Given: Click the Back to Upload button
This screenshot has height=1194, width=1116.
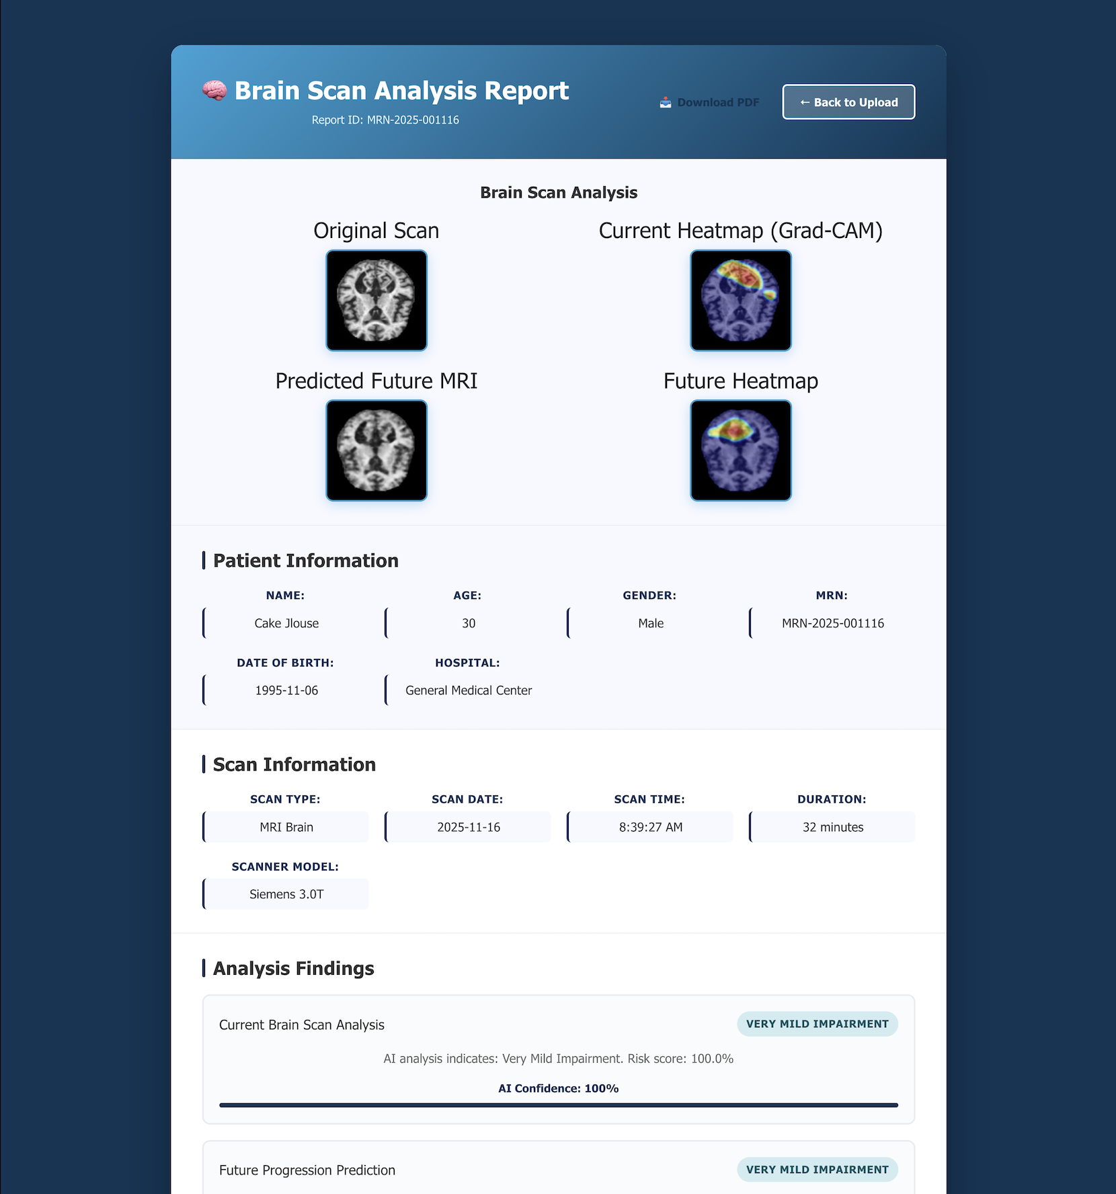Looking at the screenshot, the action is pyautogui.click(x=848, y=102).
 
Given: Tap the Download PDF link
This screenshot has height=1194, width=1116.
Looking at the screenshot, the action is pyautogui.click(x=710, y=102).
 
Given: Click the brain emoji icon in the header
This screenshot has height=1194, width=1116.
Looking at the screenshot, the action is pyautogui.click(x=214, y=91).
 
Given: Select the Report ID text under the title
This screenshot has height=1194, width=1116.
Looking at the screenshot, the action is pyautogui.click(x=385, y=120).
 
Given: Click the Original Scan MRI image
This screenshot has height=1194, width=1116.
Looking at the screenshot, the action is pyautogui.click(x=376, y=301).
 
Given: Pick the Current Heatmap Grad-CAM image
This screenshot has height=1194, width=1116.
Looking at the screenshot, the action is pyautogui.click(x=741, y=301).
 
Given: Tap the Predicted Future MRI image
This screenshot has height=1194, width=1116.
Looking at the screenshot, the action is pyautogui.click(x=376, y=450).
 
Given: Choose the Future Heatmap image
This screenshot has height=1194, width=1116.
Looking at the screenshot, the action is pyautogui.click(x=741, y=450).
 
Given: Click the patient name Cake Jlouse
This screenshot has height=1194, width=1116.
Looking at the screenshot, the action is pyautogui.click(x=286, y=623).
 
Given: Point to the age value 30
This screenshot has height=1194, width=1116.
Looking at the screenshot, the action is pyautogui.click(x=469, y=623).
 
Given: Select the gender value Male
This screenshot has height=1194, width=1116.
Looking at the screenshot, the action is pyautogui.click(x=651, y=623).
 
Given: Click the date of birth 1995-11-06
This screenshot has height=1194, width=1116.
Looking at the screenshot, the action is pyautogui.click(x=286, y=690).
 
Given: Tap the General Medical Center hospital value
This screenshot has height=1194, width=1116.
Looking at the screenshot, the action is pyautogui.click(x=469, y=690).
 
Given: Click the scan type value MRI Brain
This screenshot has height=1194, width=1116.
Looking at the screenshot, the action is pyautogui.click(x=286, y=827).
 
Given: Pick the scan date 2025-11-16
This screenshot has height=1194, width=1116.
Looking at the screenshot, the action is pyautogui.click(x=469, y=827).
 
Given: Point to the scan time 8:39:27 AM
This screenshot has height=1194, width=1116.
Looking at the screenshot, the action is pyautogui.click(x=651, y=827).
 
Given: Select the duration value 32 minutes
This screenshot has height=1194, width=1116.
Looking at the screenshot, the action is pyautogui.click(x=833, y=827).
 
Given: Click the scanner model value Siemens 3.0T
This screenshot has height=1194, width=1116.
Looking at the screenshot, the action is pyautogui.click(x=286, y=894).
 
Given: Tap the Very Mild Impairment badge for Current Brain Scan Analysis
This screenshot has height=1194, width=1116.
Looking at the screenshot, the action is pyautogui.click(x=818, y=1024).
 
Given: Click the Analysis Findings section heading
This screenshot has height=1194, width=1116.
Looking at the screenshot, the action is pyautogui.click(x=293, y=969).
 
